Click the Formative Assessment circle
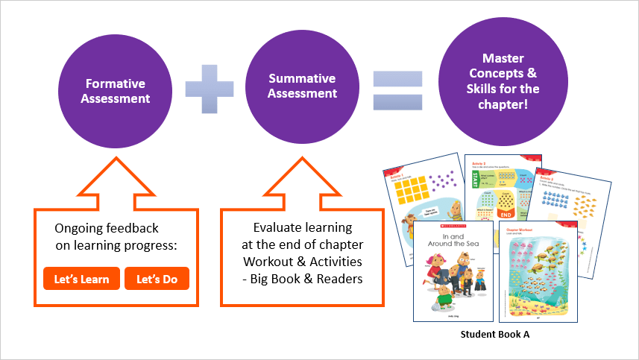pyautogui.click(x=116, y=91)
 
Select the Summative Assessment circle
pyautogui.click(x=302, y=86)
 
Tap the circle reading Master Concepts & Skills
pyautogui.click(x=498, y=81)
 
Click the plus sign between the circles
pyautogui.click(x=209, y=88)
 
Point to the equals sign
pyautogui.click(x=397, y=90)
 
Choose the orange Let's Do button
pyautogui.click(x=157, y=280)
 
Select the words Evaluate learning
pyautogui.click(x=302, y=227)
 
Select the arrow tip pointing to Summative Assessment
pyautogui.click(x=302, y=158)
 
